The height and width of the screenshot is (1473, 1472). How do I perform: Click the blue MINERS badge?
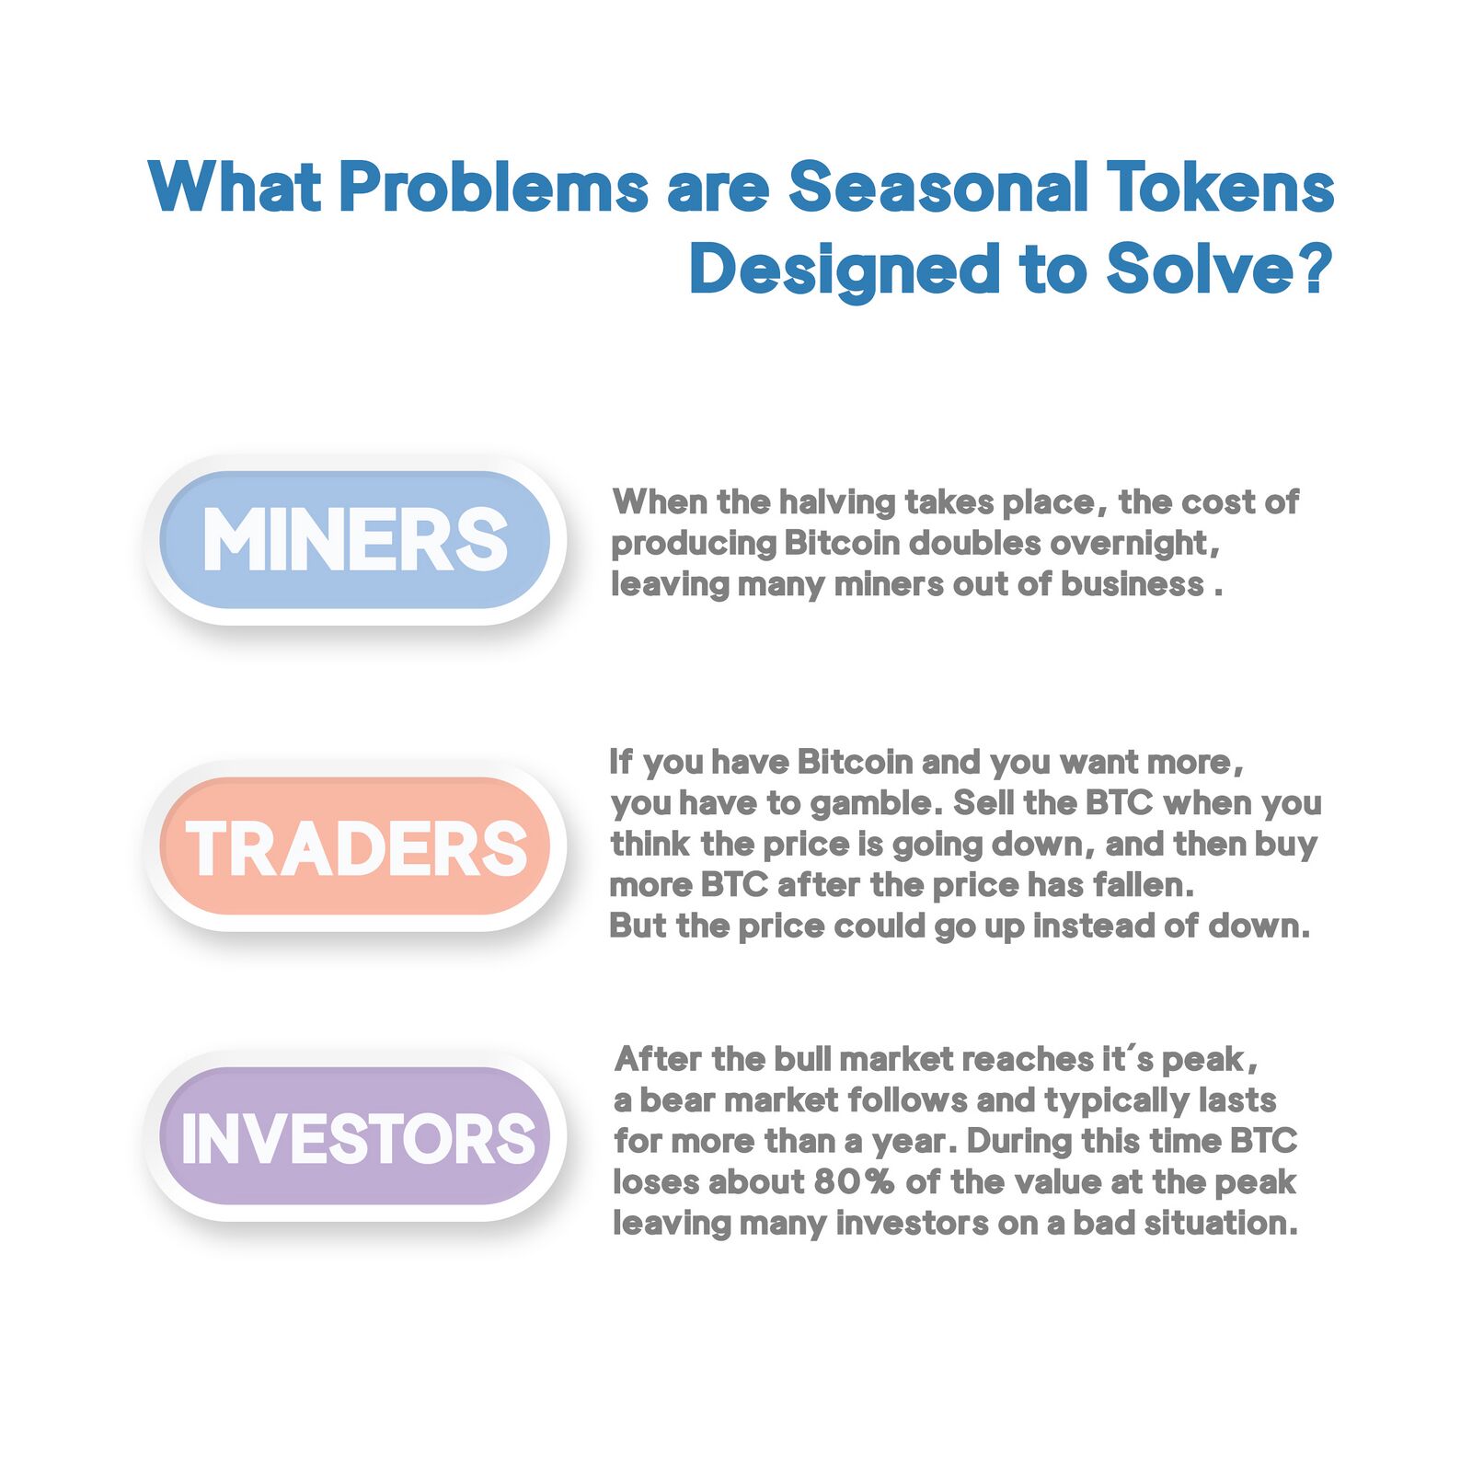coord(355,540)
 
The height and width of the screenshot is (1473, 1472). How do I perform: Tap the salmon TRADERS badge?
coord(355,846)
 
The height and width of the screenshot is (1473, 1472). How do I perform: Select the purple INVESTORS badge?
coord(355,1136)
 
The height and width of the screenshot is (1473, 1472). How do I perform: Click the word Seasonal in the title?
coord(938,187)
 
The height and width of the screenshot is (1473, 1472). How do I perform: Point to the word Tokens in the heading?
coord(1220,187)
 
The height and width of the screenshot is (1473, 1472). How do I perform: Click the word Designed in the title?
coord(845,270)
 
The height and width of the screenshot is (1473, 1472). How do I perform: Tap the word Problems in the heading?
coord(494,187)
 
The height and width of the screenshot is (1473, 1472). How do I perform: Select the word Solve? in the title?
coord(1219,270)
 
